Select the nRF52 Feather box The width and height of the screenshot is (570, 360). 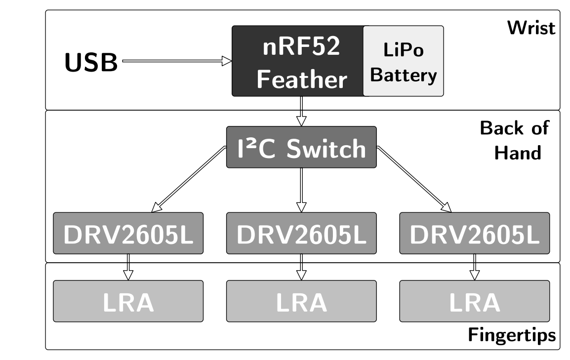(298, 61)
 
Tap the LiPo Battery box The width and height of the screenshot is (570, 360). (404, 61)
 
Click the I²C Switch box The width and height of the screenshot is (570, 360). (301, 147)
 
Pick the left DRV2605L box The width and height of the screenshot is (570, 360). (128, 233)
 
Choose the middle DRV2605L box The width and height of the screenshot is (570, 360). (301, 233)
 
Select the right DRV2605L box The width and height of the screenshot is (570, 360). (474, 233)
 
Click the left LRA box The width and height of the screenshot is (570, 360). (128, 301)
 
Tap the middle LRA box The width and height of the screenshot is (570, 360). (301, 301)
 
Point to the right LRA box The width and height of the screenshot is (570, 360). (474, 301)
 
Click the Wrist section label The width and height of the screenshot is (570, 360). (531, 28)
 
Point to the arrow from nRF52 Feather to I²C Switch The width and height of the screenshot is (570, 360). (301, 112)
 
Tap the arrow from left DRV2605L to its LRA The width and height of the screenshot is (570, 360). (128, 267)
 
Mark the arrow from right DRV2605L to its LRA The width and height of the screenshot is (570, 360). (474, 267)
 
